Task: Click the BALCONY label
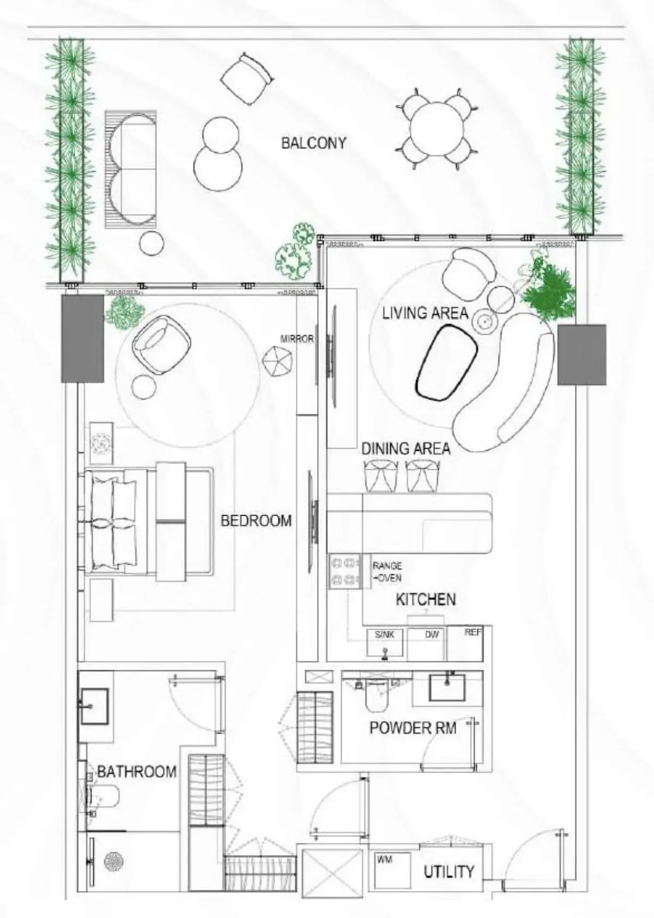[313, 143]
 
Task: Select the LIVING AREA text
[425, 313]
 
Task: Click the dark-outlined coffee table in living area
[447, 362]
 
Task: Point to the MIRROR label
[297, 339]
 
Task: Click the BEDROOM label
[256, 521]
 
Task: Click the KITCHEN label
[426, 600]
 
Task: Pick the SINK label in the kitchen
[384, 635]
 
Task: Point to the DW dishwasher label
[432, 635]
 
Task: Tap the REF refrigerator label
[473, 632]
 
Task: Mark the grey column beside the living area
[582, 354]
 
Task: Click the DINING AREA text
[405, 449]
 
